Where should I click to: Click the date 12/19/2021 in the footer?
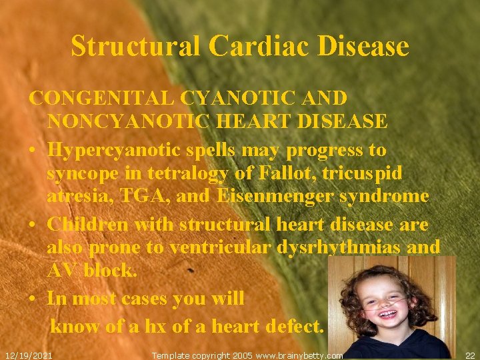(28, 355)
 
